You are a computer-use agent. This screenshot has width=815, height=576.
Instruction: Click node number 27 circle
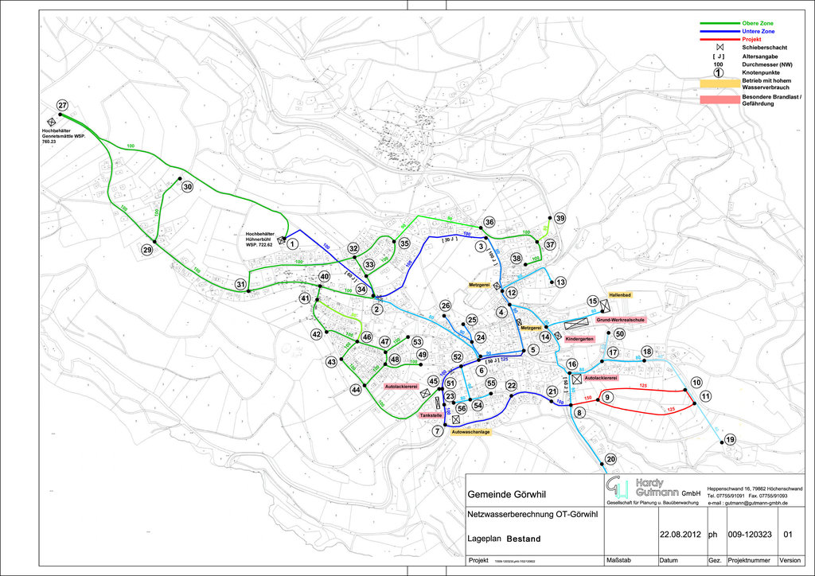point(62,106)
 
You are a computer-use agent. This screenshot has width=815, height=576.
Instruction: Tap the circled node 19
point(731,440)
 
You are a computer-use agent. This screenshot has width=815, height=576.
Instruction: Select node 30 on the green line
point(188,186)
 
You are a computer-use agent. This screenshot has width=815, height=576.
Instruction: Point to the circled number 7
point(437,431)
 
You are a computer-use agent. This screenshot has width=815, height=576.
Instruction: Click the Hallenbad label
point(620,294)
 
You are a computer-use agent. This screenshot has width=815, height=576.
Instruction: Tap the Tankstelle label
point(431,415)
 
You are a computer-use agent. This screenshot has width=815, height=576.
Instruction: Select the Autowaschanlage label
point(470,432)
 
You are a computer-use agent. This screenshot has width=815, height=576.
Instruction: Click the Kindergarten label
point(580,339)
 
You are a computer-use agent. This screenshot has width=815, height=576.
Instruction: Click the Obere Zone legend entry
point(758,23)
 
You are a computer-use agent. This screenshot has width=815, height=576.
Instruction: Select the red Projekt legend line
point(717,40)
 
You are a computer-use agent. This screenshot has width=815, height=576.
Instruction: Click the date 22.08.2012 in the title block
point(680,534)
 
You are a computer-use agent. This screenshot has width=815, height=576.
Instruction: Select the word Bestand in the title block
point(524,539)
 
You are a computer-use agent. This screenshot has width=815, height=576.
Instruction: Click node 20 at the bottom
point(610,459)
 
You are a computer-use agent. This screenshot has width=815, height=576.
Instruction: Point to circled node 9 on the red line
point(606,397)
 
